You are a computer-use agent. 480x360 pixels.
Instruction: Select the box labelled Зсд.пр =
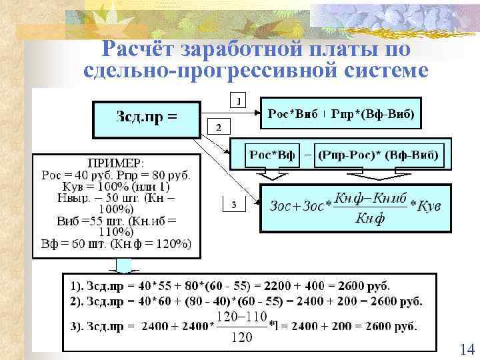(x=147, y=119)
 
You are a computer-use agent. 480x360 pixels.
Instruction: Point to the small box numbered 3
(x=233, y=206)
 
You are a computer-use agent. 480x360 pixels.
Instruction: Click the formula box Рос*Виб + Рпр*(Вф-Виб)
(x=341, y=115)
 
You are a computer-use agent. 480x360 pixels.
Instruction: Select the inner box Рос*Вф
(x=271, y=155)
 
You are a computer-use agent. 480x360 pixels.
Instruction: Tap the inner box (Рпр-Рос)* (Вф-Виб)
(x=377, y=155)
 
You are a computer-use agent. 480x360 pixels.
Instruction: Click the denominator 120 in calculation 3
(x=241, y=336)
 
